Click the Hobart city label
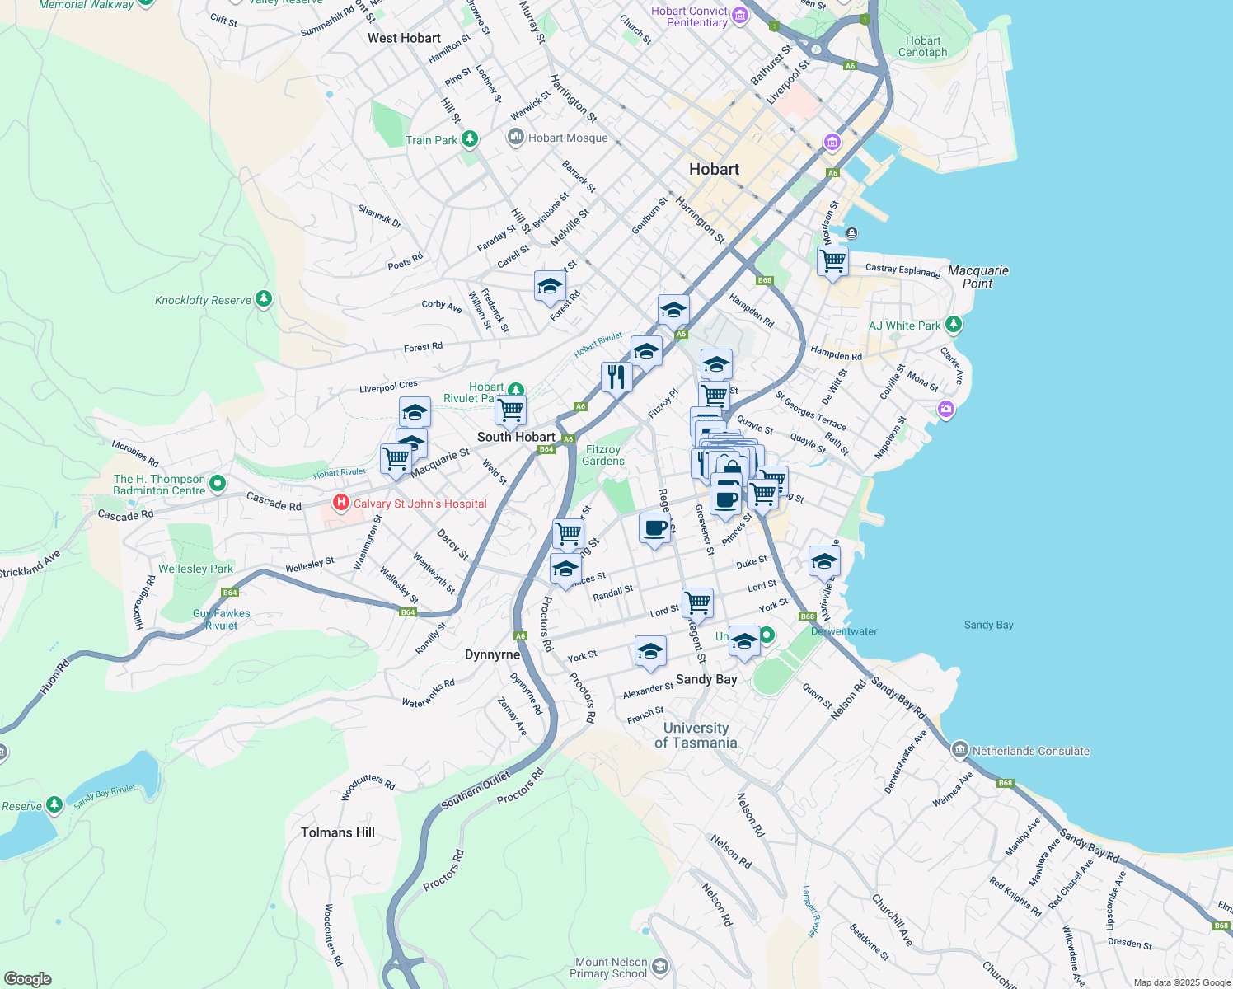tap(714, 169)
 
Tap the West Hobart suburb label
tap(404, 38)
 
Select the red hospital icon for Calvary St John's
tap(340, 502)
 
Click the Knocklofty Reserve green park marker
tap(264, 299)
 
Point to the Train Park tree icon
tap(470, 138)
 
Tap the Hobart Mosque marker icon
tap(516, 137)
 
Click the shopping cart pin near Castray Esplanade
tap(832, 261)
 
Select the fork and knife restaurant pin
tap(616, 377)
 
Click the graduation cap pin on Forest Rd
tap(550, 287)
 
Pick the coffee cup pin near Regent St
tap(654, 527)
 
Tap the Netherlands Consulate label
tap(1030, 751)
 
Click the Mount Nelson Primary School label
tap(611, 968)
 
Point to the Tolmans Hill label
tap(338, 832)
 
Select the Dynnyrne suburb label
tap(492, 654)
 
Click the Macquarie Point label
tap(977, 277)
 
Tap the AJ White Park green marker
tap(954, 325)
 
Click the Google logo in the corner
tap(27, 979)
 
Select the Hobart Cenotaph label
tap(922, 46)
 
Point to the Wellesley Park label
tap(195, 569)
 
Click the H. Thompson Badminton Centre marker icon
tap(218, 484)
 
